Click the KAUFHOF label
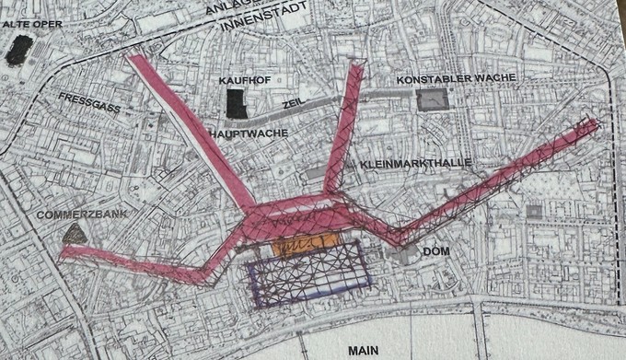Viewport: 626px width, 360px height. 242,80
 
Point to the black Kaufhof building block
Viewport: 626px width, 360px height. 237,104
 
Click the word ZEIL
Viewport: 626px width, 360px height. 293,105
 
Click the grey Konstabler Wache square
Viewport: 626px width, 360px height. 430,99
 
